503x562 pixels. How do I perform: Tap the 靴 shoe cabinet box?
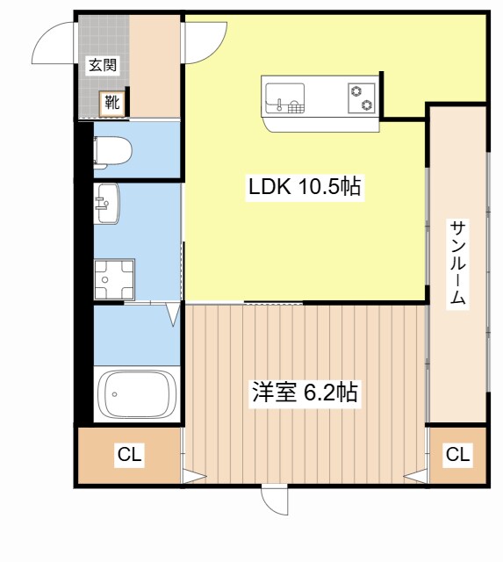coord(112,103)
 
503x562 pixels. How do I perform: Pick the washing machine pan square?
coord(112,278)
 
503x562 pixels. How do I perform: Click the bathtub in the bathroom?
coord(137,395)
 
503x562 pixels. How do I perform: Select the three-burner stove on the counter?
coord(361,97)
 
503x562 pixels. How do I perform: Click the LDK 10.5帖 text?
coord(305,187)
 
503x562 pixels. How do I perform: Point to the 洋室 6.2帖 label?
coord(305,393)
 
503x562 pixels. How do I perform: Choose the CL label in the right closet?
coord(457,455)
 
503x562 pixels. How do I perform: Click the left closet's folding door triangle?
coord(194,478)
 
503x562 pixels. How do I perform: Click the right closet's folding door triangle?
coord(414,478)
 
